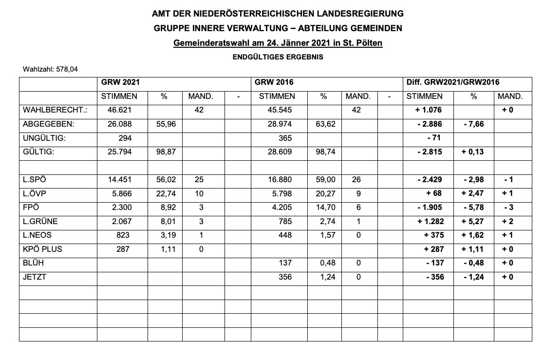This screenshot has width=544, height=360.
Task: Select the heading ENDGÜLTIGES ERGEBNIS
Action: tap(278, 57)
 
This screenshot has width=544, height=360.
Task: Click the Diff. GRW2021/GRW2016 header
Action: tap(453, 83)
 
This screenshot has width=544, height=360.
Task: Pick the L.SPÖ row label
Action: tap(34, 180)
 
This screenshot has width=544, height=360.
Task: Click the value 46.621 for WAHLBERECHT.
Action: tap(120, 111)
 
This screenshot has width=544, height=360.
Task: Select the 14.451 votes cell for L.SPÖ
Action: tap(120, 180)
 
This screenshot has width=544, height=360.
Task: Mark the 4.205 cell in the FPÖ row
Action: tap(280, 208)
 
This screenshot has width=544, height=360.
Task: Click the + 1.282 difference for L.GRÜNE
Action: tap(429, 221)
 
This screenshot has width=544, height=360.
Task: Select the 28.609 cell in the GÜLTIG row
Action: tap(280, 152)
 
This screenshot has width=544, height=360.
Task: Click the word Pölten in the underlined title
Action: tap(369, 43)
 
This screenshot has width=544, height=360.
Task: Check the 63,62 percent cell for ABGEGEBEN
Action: tap(325, 124)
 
